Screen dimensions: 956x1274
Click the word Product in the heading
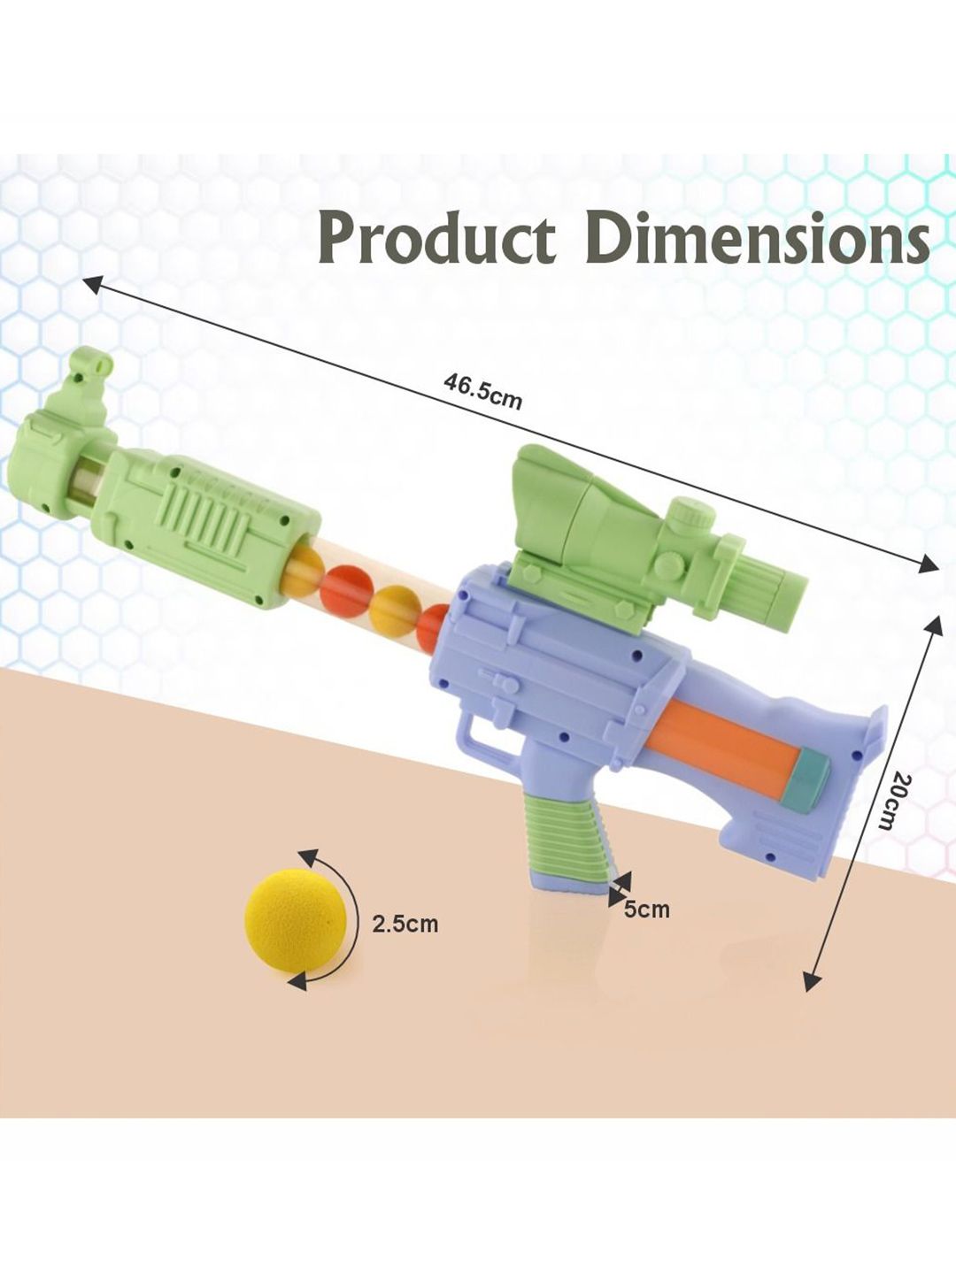tap(436, 239)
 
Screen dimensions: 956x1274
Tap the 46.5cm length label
tap(482, 391)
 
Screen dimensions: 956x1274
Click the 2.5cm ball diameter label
tap(405, 923)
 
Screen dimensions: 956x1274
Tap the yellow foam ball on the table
tap(296, 928)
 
